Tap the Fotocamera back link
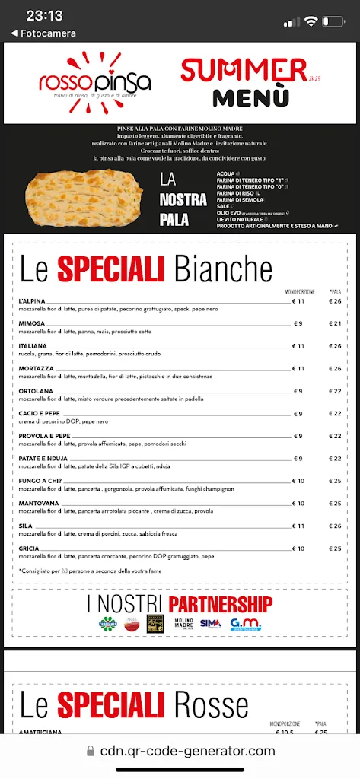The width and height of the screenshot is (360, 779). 43,33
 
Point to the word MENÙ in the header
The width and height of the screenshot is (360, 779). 250,98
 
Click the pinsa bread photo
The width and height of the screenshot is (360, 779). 85,201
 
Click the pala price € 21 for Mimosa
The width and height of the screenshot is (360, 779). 335,323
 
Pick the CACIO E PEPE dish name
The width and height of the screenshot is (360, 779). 39,413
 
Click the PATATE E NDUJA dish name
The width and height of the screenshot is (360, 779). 44,458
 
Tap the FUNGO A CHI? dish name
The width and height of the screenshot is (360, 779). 40,481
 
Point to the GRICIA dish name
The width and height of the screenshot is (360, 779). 28,548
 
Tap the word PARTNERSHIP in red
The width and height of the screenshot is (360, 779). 220,605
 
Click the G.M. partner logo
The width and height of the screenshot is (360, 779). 245,623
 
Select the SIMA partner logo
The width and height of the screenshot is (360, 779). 211,623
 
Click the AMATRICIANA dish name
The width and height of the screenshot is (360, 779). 41,733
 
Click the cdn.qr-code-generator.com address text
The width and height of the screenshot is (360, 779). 187,752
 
